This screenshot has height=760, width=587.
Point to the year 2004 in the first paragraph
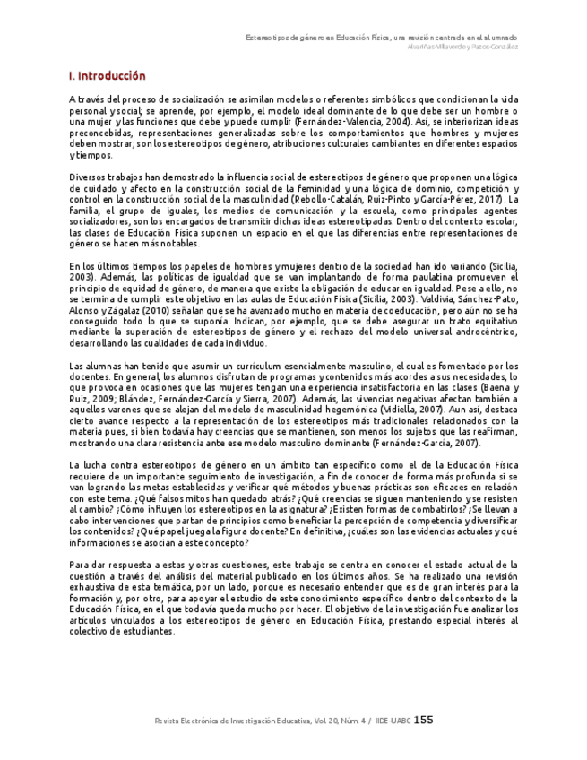click(398, 120)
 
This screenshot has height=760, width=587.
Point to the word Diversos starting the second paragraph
click(88, 177)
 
